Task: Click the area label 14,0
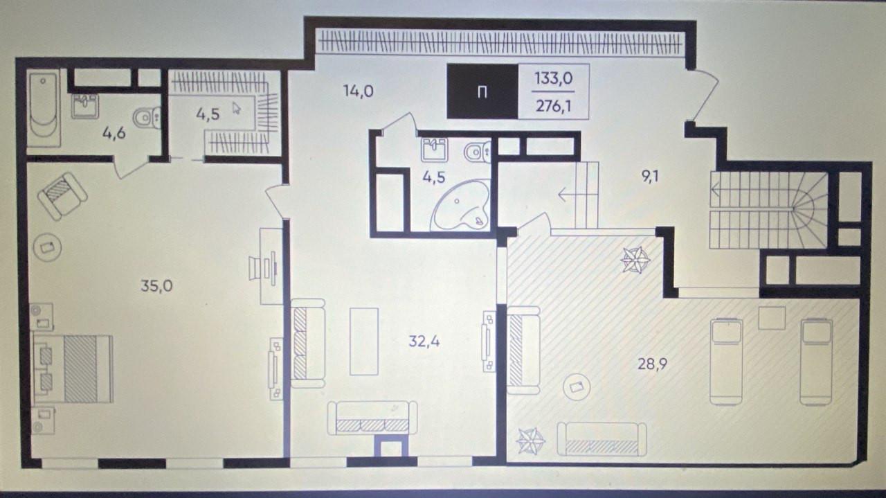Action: point(359,91)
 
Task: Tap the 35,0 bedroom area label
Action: point(156,285)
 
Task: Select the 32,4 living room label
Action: point(424,341)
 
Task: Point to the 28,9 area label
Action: point(652,364)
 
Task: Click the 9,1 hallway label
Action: point(650,177)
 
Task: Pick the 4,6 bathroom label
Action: point(114,133)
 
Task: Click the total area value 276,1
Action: point(554,106)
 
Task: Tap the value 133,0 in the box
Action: point(554,78)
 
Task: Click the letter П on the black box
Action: point(482,94)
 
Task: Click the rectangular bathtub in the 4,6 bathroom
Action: point(44,107)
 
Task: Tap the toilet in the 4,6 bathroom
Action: point(147,118)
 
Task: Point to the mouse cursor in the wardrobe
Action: point(236,108)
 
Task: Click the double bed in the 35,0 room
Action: point(73,369)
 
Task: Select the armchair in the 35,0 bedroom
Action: point(62,196)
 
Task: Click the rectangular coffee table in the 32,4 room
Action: point(364,341)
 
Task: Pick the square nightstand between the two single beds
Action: point(772,318)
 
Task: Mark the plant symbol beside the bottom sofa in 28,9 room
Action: point(531,441)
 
